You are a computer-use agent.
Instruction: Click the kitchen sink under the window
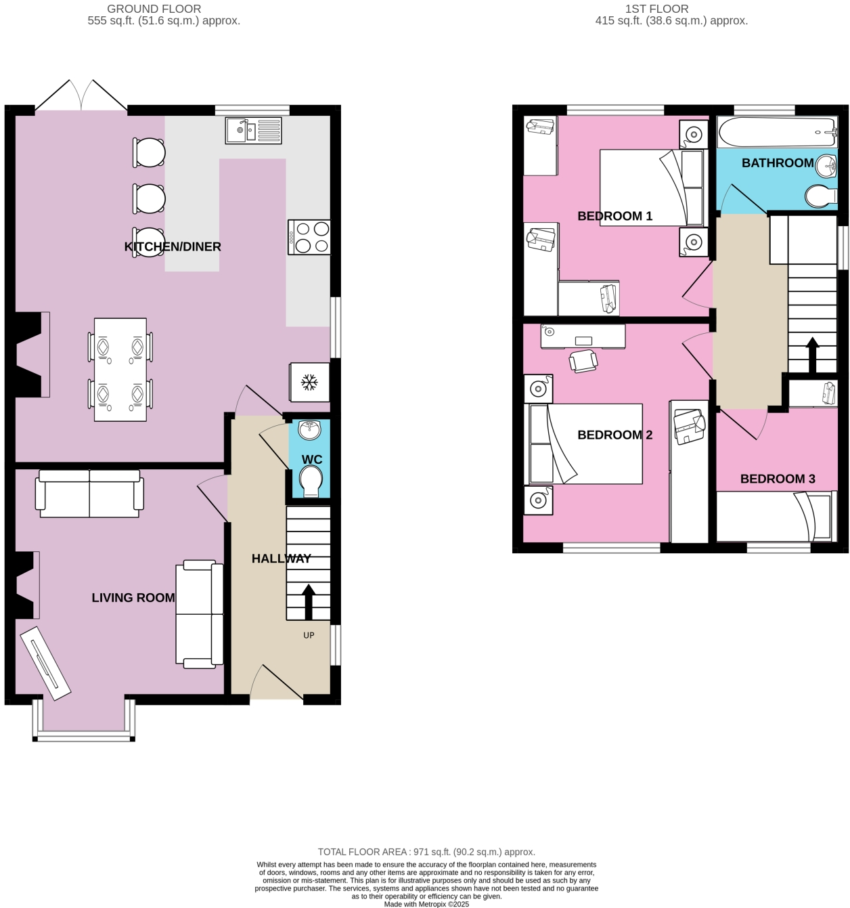pyautogui.click(x=253, y=130)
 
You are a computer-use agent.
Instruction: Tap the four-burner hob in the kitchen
pyautogui.click(x=309, y=237)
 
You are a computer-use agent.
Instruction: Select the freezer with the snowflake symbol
pyautogui.click(x=309, y=383)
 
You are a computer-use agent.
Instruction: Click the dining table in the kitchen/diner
pyautogui.click(x=120, y=369)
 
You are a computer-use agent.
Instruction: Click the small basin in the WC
pyautogui.click(x=310, y=428)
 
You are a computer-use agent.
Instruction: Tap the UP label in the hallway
pyautogui.click(x=309, y=635)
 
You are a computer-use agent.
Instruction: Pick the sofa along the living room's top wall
pyautogui.click(x=89, y=494)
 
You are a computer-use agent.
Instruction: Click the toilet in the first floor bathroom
pyautogui.click(x=820, y=196)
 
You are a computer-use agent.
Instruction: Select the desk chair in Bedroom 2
pyautogui.click(x=583, y=361)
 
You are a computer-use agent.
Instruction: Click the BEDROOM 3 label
pyautogui.click(x=778, y=479)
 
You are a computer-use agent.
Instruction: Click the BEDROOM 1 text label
pyautogui.click(x=614, y=216)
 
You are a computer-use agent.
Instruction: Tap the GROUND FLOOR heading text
pyautogui.click(x=154, y=9)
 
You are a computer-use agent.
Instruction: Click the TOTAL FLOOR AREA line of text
pyautogui.click(x=426, y=852)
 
